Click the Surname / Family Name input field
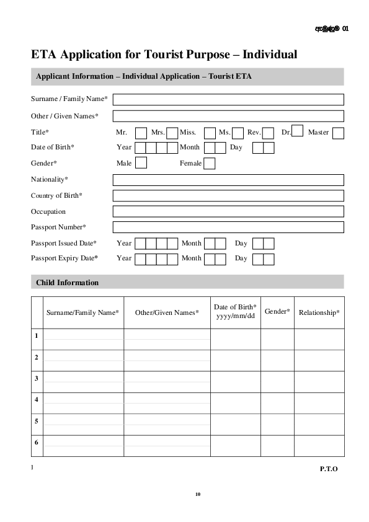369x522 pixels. click(228, 100)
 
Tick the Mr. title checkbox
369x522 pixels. click(141, 133)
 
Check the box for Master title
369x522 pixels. click(338, 133)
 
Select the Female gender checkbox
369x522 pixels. click(210, 164)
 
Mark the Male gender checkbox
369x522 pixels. click(141, 163)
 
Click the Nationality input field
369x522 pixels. click(228, 180)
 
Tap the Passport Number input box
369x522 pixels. click(228, 228)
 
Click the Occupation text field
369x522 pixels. click(228, 211)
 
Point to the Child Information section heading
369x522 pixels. click(67, 283)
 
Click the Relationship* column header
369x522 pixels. click(319, 312)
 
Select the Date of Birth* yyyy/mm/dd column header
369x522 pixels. click(235, 311)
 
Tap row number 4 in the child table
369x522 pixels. click(37, 400)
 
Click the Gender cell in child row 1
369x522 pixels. click(277, 339)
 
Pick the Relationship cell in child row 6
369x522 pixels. click(319, 445)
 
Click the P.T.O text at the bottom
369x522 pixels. click(329, 469)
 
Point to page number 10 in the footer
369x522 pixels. click(198, 494)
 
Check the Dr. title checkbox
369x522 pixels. click(297, 131)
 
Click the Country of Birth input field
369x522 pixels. click(228, 196)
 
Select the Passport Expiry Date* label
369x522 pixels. click(64, 258)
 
